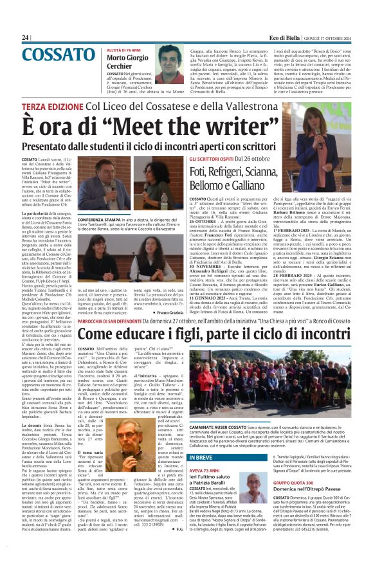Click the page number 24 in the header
tap(26, 38)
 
